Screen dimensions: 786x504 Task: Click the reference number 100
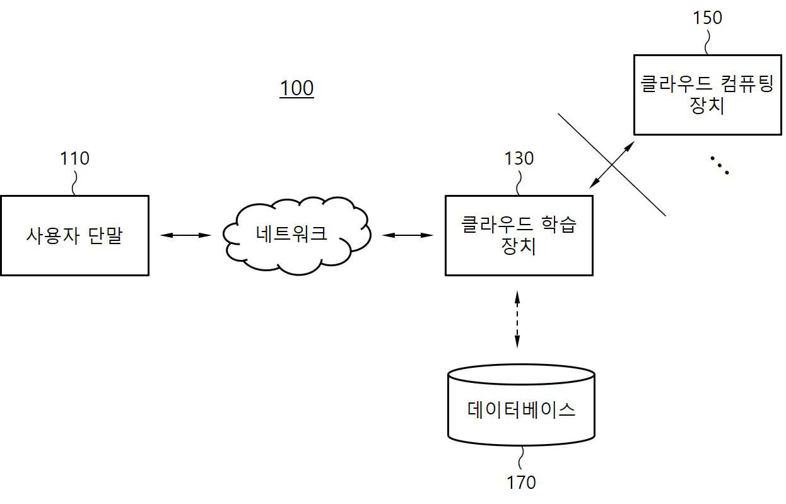[x=296, y=88]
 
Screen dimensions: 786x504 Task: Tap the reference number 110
[x=74, y=158]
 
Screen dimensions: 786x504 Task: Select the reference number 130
[x=519, y=158]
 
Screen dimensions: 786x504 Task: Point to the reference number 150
[x=707, y=18]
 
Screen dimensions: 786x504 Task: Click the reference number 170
[x=522, y=483]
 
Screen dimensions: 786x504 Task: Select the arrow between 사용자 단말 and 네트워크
[x=185, y=235]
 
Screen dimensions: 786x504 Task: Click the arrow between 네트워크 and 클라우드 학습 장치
[x=408, y=235]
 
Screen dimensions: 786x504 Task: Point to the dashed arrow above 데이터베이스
[x=517, y=319]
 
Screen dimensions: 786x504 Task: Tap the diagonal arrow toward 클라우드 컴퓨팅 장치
[x=612, y=165]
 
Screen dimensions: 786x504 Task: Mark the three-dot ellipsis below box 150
[x=719, y=165]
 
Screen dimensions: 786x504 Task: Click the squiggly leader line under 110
[x=74, y=183]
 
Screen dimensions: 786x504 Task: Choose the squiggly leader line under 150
[x=707, y=42]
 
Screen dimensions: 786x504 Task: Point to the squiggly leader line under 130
[x=519, y=183]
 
